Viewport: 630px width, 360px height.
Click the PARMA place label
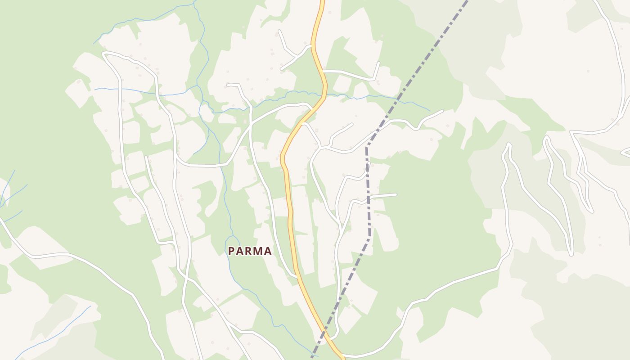250,251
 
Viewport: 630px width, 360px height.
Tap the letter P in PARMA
231,251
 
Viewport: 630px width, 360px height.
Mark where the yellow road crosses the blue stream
324,95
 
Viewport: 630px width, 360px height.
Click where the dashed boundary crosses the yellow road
323,335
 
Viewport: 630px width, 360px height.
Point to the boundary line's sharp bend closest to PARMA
370,236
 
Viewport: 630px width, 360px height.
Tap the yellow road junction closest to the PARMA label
297,275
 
